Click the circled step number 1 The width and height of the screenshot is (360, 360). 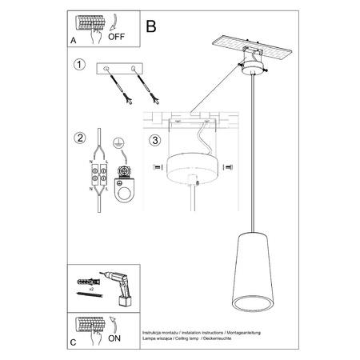(78, 65)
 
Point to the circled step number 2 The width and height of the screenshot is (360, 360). (78, 137)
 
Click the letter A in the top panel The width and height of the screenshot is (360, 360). (74, 38)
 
